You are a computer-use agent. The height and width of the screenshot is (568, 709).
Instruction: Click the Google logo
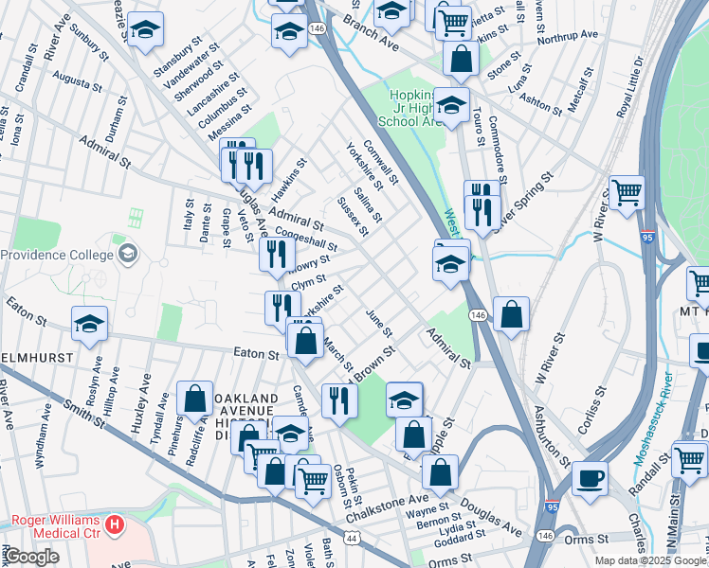click(30, 557)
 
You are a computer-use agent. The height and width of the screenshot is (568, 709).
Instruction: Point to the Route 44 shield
click(353, 538)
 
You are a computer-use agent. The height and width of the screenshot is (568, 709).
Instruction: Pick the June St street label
click(377, 324)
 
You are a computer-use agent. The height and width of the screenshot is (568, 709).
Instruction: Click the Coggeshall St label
click(305, 237)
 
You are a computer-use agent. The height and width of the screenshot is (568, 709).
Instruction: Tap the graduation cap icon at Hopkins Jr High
click(451, 108)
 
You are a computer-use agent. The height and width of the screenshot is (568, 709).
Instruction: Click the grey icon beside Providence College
click(126, 254)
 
